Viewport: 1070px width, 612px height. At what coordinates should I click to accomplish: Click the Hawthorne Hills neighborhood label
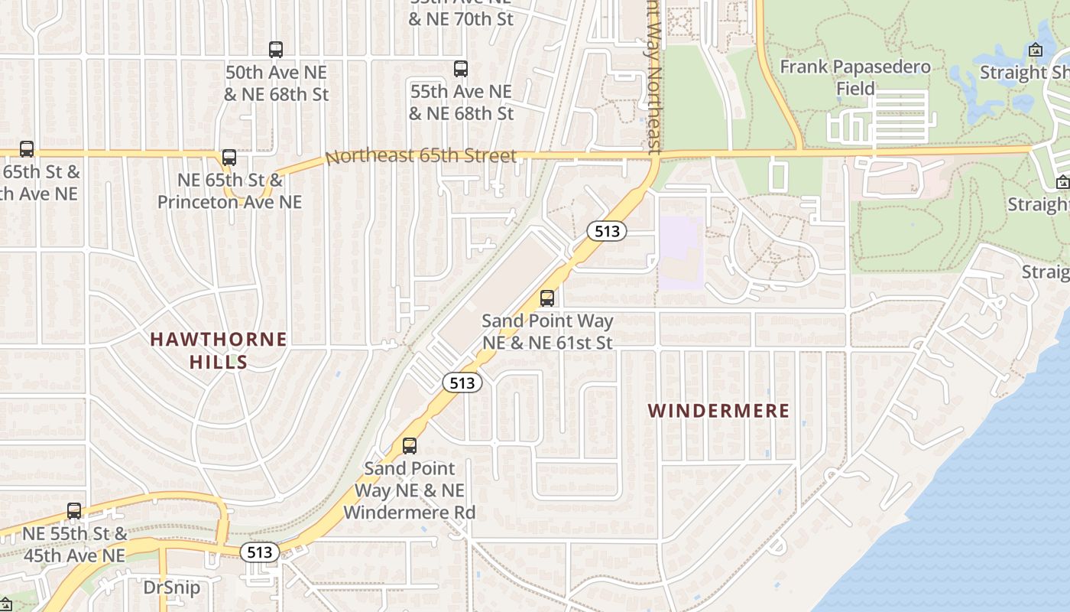(219, 350)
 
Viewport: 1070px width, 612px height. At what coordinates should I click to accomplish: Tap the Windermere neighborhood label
(718, 411)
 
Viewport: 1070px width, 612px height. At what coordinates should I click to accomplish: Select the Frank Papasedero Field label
(855, 77)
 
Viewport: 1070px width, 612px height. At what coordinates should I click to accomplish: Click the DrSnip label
(172, 588)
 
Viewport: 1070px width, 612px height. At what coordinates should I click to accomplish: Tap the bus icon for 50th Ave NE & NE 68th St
(276, 50)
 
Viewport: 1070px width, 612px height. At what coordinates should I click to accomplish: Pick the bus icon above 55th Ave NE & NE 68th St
(461, 69)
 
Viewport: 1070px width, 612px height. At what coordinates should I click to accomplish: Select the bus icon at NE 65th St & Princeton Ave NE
(229, 158)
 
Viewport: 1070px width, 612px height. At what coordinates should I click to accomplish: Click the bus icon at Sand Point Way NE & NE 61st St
(547, 298)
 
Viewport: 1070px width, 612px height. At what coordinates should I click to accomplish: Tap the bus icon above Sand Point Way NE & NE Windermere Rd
(410, 446)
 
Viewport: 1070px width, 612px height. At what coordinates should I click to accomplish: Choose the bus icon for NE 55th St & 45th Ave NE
(74, 510)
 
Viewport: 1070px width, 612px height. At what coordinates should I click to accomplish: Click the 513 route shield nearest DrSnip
(260, 552)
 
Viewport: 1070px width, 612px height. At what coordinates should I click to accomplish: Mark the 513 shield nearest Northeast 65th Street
(607, 230)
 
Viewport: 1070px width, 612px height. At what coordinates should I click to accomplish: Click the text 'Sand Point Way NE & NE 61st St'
(547, 331)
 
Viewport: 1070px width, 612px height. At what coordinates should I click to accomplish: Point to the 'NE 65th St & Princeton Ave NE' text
(229, 191)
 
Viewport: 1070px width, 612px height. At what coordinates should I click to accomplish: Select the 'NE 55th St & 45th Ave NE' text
(74, 544)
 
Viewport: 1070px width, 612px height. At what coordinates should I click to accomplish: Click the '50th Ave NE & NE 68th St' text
(276, 83)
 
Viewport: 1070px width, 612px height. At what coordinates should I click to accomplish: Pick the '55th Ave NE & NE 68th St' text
(461, 103)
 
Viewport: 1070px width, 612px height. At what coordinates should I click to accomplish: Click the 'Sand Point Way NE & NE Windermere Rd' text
(409, 490)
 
